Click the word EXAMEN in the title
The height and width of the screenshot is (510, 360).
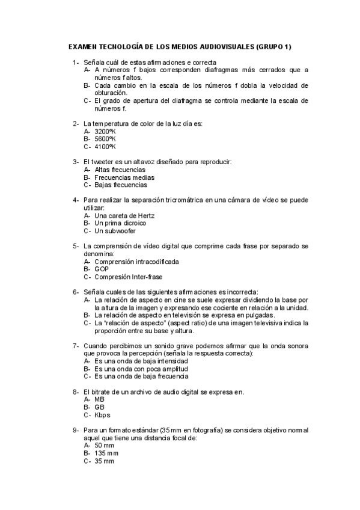83,47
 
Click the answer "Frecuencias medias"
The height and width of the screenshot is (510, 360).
124,177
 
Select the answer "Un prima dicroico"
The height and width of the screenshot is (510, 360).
120,223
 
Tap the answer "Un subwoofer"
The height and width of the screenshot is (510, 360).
115,231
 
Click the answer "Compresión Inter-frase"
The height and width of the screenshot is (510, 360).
129,277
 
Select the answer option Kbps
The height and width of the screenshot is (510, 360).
102,415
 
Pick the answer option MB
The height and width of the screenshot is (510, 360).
100,399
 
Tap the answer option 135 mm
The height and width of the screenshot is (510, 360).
106,453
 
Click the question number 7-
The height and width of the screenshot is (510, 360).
76,346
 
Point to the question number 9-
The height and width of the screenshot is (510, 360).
76,431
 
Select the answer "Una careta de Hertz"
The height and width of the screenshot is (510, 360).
124,215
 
